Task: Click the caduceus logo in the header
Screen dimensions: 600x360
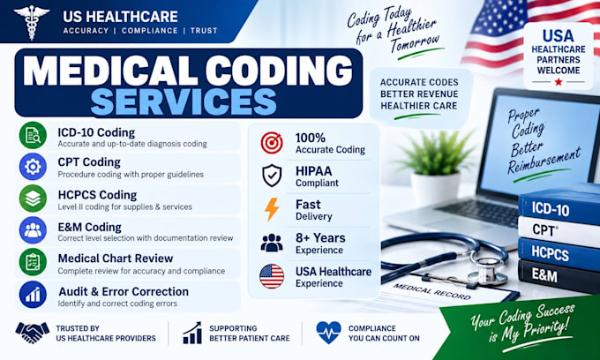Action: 32,21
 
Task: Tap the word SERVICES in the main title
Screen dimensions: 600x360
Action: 184,101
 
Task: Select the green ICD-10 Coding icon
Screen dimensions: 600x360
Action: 33,135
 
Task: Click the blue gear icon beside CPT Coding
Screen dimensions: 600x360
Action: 33,167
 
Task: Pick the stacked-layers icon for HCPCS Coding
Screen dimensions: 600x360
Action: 33,199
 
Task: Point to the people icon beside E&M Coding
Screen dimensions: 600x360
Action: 33,230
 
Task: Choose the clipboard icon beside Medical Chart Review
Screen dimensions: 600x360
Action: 33,262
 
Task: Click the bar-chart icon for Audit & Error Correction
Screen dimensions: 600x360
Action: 33,295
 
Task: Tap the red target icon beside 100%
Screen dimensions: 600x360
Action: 272,143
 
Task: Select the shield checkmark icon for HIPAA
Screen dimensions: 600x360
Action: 272,176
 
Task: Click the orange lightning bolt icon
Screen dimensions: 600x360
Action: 272,209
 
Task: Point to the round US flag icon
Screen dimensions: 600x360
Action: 272,276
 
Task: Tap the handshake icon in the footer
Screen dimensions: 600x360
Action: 33,333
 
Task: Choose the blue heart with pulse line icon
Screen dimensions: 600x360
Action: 329,333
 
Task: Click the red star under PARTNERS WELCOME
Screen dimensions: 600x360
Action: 559,82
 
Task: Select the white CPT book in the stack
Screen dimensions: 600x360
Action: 559,231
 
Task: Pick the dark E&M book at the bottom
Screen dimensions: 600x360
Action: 559,276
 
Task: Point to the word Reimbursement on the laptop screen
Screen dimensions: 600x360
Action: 544,161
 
